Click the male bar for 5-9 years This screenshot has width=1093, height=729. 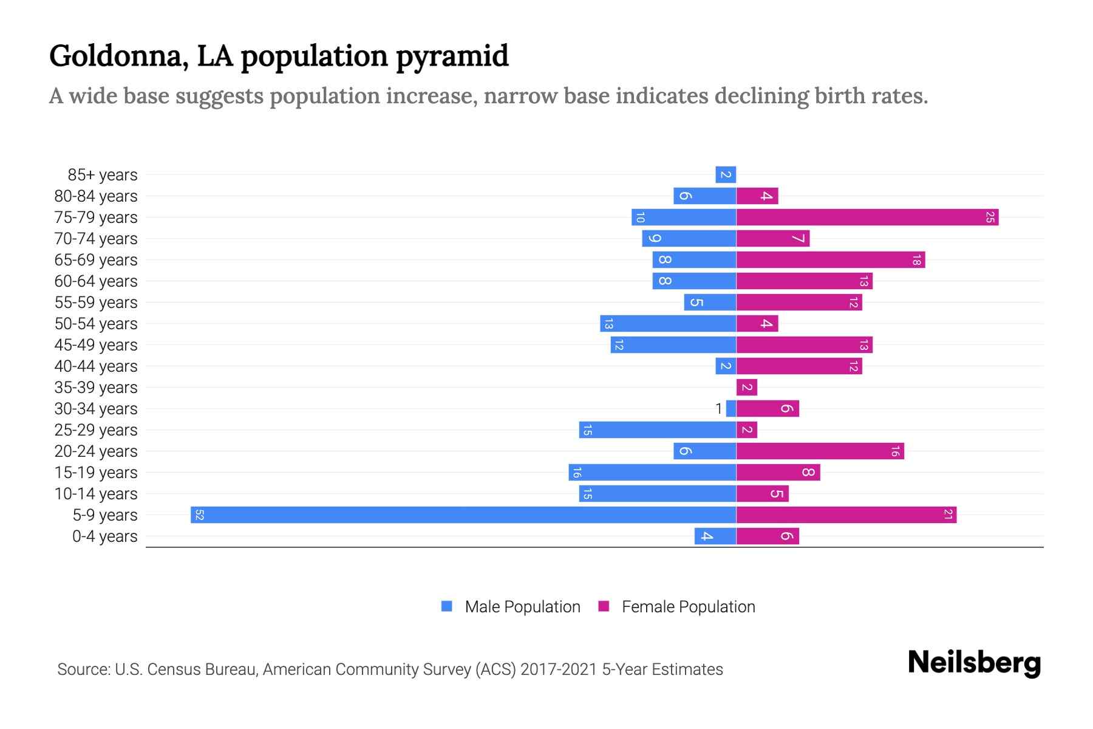[463, 515]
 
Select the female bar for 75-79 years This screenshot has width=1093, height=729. [867, 217]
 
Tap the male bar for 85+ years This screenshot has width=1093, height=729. [726, 175]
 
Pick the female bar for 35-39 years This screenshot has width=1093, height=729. [747, 388]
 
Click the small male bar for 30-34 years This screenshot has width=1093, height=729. [731, 409]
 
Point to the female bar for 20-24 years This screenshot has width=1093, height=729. [820, 451]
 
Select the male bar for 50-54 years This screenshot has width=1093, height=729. [668, 324]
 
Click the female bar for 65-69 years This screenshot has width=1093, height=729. [830, 260]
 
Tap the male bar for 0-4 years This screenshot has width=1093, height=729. [715, 536]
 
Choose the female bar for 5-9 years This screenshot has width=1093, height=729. [846, 515]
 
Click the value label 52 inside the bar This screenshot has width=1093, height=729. [199, 515]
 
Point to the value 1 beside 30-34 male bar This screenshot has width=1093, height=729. [719, 409]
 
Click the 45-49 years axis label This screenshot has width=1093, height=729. [96, 345]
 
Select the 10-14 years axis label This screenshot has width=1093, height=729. [96, 494]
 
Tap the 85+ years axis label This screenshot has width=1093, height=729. [103, 175]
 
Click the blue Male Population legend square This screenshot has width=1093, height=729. [447, 606]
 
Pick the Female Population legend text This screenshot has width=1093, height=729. [688, 607]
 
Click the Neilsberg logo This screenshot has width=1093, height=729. [974, 663]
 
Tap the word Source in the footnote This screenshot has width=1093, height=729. [83, 669]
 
